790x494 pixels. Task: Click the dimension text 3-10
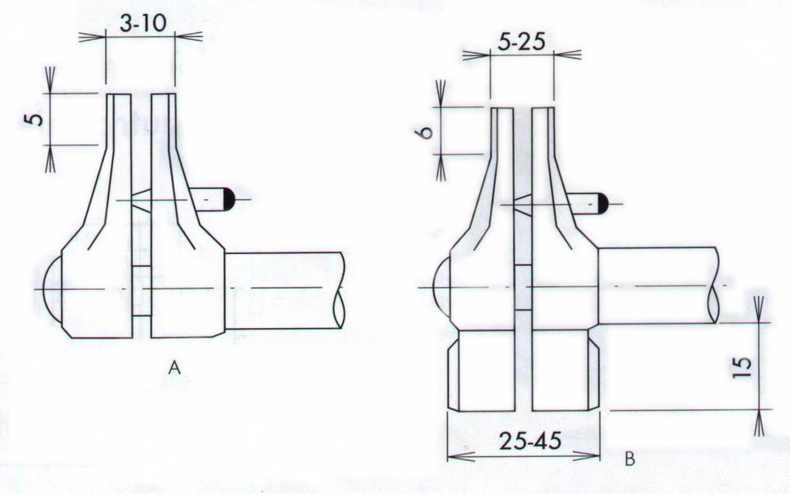(143, 25)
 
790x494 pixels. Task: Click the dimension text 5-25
(523, 43)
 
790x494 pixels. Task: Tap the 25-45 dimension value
(530, 440)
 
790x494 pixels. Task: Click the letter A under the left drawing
(174, 368)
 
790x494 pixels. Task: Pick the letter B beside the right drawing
(630, 460)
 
